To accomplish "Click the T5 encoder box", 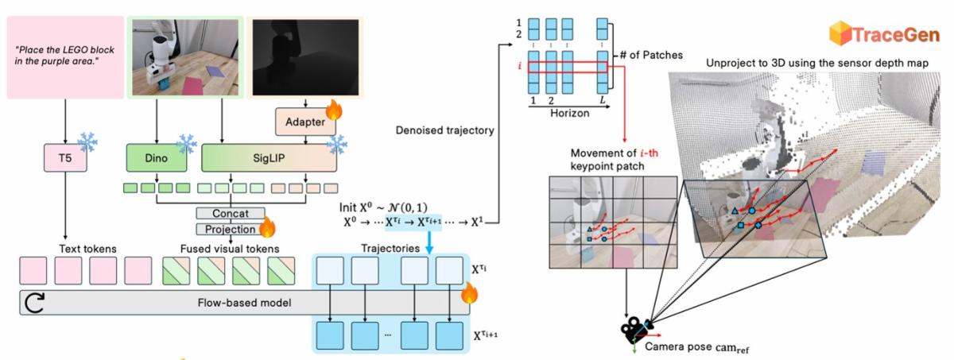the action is (65, 158).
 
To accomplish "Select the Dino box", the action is (157, 158).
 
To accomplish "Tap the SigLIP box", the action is (269, 158).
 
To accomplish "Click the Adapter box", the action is (305, 122).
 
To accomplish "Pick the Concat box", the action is (231, 213).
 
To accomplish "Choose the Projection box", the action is (231, 230).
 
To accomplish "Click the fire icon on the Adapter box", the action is (335, 110).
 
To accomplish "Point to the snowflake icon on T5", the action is (87, 142).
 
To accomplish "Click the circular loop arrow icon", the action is (34, 303).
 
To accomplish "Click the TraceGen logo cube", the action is (840, 33).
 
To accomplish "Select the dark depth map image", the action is (305, 57).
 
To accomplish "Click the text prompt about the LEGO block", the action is (64, 56).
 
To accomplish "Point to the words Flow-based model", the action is (245, 303).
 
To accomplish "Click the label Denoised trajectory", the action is (445, 130).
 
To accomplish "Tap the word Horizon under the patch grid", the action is (570, 113).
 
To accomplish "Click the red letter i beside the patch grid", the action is (520, 67).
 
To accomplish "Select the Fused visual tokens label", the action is (230, 249).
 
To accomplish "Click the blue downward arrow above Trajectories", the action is (429, 242).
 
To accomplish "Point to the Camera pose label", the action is (696, 347).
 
